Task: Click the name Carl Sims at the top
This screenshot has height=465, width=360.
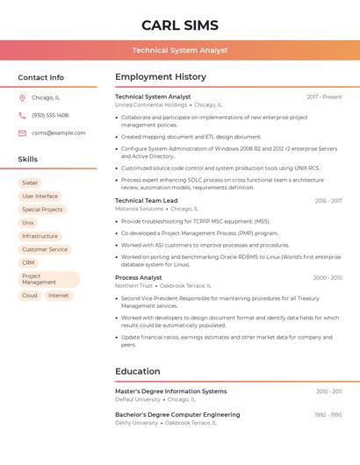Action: tap(180, 25)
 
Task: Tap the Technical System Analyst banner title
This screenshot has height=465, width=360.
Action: tap(180, 50)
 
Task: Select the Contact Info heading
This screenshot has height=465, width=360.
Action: tap(41, 77)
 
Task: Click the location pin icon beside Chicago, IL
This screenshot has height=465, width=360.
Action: tap(23, 98)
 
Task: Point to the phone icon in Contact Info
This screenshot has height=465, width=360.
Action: tap(23, 115)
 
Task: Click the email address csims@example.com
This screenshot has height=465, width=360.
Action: tap(59, 132)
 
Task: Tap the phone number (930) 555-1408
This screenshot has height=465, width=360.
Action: tap(50, 115)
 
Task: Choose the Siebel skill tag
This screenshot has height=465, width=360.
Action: tap(30, 182)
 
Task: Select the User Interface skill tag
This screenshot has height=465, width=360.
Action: tap(40, 196)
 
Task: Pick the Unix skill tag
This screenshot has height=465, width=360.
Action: tap(28, 223)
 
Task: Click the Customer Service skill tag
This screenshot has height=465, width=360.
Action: tap(45, 249)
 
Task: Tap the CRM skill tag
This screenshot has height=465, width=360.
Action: tap(29, 262)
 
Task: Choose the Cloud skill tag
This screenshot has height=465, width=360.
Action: tap(30, 296)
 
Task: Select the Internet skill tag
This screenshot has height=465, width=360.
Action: tap(59, 296)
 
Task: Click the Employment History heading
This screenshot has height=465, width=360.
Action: tap(161, 77)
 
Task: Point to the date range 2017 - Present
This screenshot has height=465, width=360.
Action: tap(324, 97)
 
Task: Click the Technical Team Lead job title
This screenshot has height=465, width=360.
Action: tap(147, 200)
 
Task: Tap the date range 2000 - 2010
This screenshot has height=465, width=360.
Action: tap(327, 277)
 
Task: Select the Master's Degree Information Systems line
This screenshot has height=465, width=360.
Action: tap(171, 391)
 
